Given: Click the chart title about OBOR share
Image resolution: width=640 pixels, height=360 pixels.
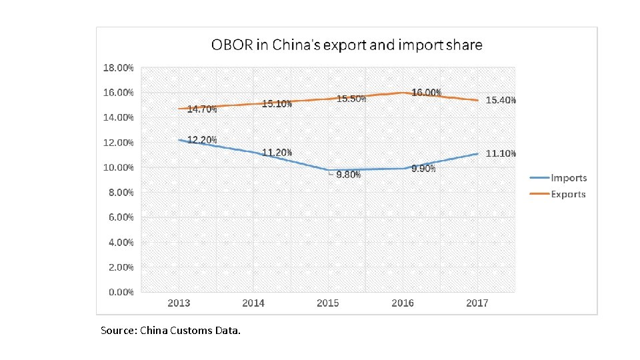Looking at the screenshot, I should click(347, 45).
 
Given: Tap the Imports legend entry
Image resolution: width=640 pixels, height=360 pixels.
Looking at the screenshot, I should click(568, 177).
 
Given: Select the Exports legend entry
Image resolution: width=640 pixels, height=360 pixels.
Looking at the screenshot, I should click(568, 194).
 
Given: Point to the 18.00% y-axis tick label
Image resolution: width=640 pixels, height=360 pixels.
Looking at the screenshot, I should click(118, 68).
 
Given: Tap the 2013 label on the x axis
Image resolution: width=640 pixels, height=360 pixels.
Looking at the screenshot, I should click(179, 303).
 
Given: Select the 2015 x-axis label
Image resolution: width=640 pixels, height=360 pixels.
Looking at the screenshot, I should click(327, 303).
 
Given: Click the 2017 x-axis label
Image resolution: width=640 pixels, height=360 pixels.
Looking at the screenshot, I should click(477, 303).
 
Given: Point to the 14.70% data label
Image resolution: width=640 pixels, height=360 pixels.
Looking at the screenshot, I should click(201, 109).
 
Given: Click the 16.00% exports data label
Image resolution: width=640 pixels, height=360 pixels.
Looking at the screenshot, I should click(426, 93).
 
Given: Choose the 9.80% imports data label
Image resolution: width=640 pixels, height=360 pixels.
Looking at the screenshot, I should click(349, 175).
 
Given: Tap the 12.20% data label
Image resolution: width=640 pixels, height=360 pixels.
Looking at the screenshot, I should click(202, 139).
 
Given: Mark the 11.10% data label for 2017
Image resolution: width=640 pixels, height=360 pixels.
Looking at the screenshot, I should click(501, 153).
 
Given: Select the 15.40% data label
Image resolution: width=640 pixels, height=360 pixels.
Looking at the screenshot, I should click(501, 100).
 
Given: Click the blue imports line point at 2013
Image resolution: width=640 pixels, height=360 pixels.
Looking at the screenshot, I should click(179, 140).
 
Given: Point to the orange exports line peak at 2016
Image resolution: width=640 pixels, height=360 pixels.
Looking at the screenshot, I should click(402, 93).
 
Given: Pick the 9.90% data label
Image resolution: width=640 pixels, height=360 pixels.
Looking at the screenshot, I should click(423, 169).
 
